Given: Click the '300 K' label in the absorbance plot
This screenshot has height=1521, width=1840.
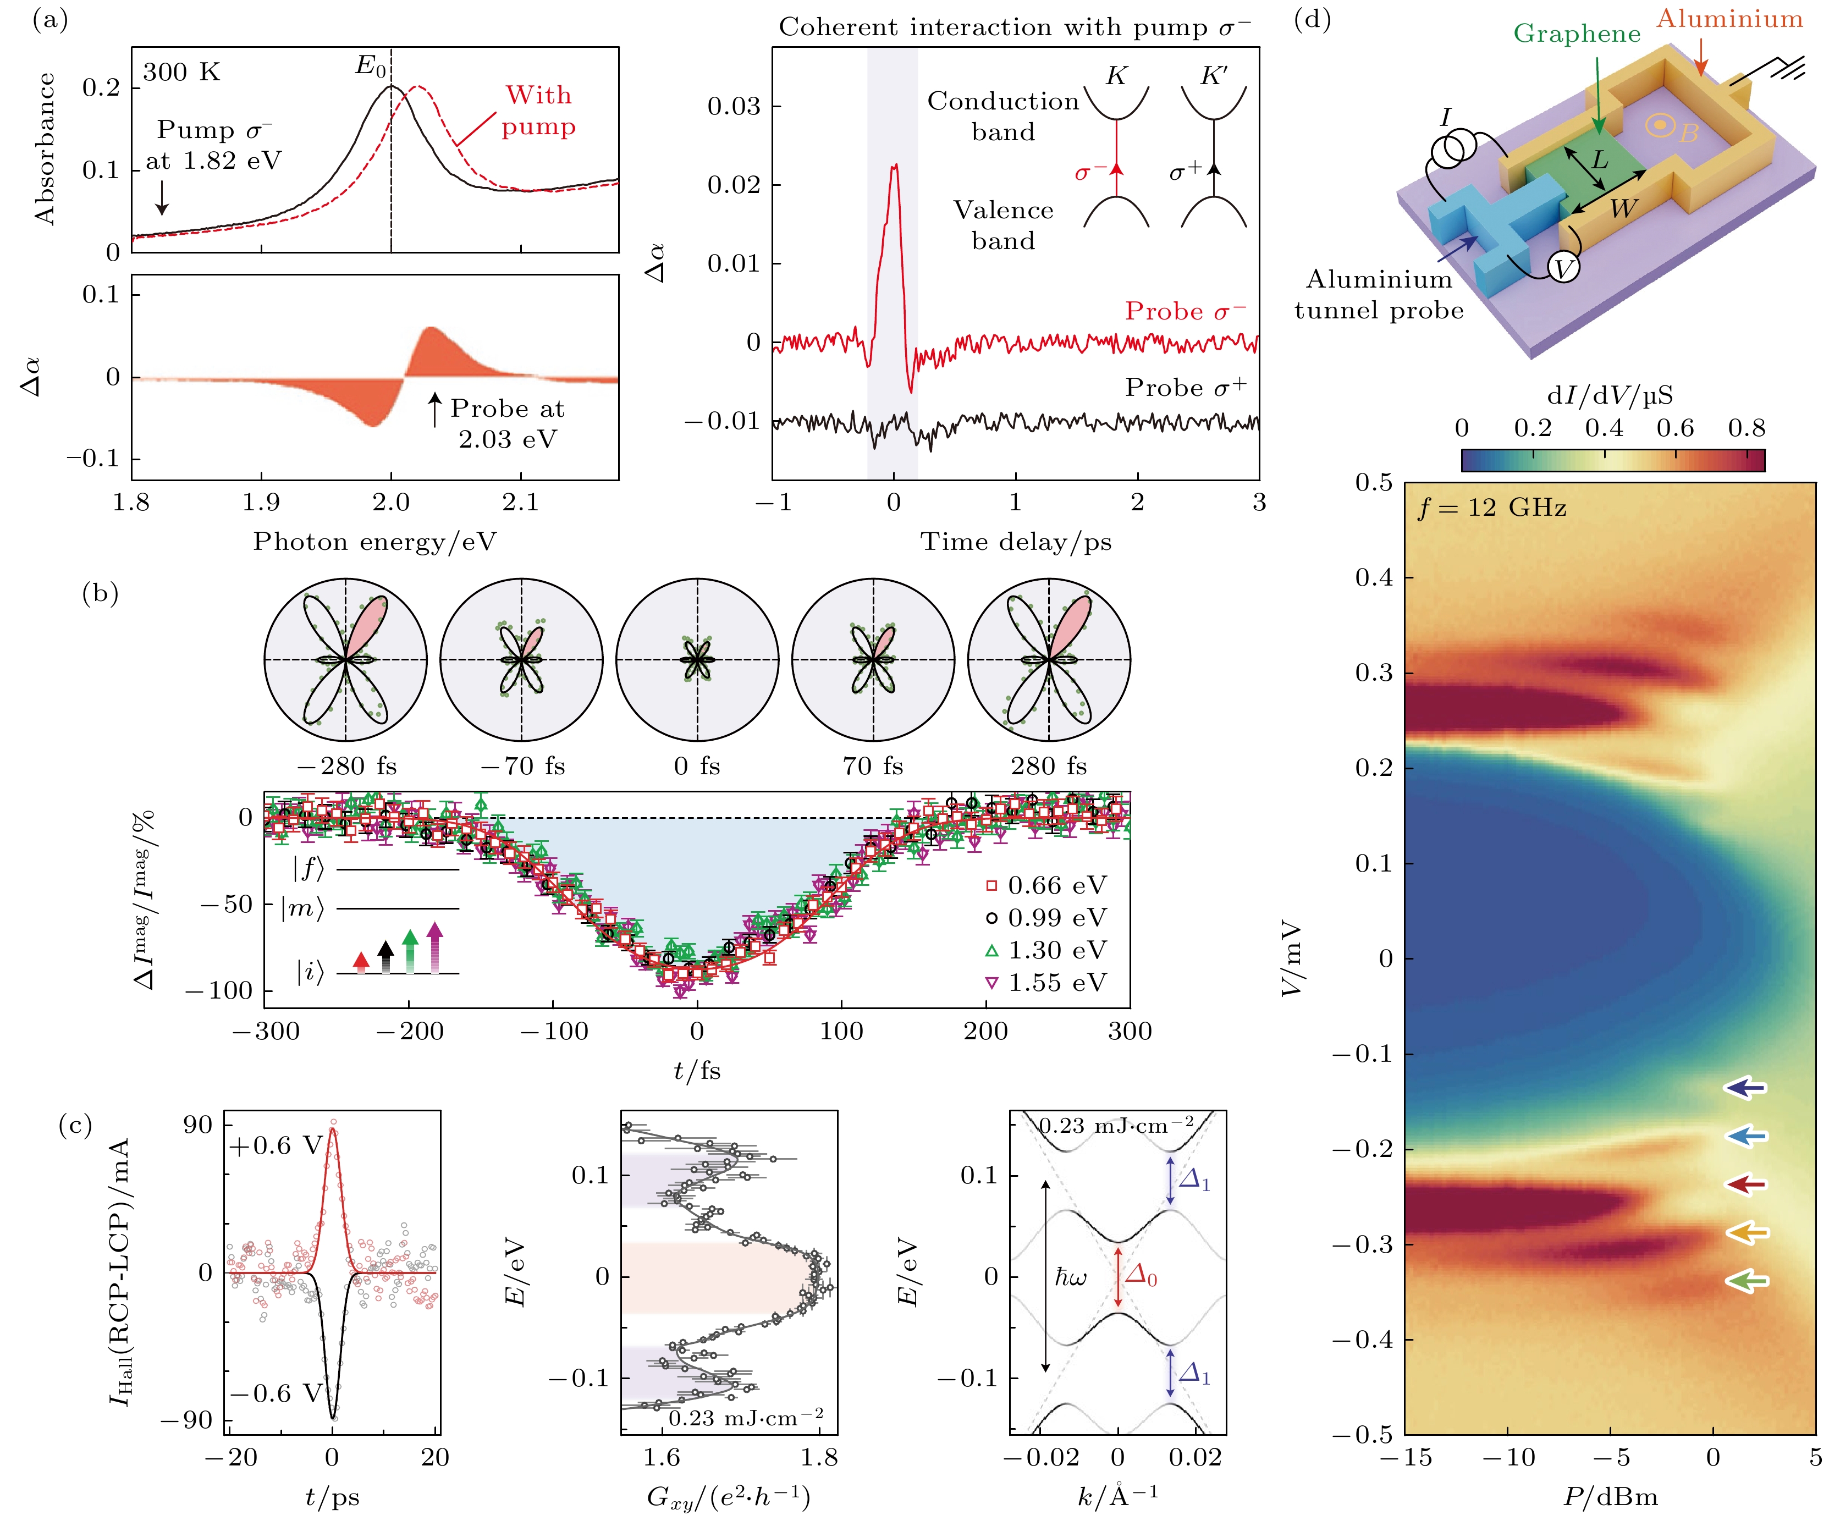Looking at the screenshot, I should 181,72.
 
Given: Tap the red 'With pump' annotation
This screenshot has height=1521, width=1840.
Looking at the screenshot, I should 538,111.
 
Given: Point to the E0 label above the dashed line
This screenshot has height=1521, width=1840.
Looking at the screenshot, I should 370,65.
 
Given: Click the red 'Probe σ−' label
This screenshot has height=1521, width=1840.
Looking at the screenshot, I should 1185,311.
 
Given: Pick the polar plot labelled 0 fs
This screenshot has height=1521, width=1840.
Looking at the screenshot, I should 697,660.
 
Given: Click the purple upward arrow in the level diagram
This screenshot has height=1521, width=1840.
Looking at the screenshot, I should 434,947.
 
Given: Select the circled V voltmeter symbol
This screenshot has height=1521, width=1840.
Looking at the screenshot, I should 1564,268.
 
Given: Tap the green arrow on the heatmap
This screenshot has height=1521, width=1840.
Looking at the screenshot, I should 1747,1281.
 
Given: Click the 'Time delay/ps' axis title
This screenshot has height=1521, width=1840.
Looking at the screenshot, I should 1016,542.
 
